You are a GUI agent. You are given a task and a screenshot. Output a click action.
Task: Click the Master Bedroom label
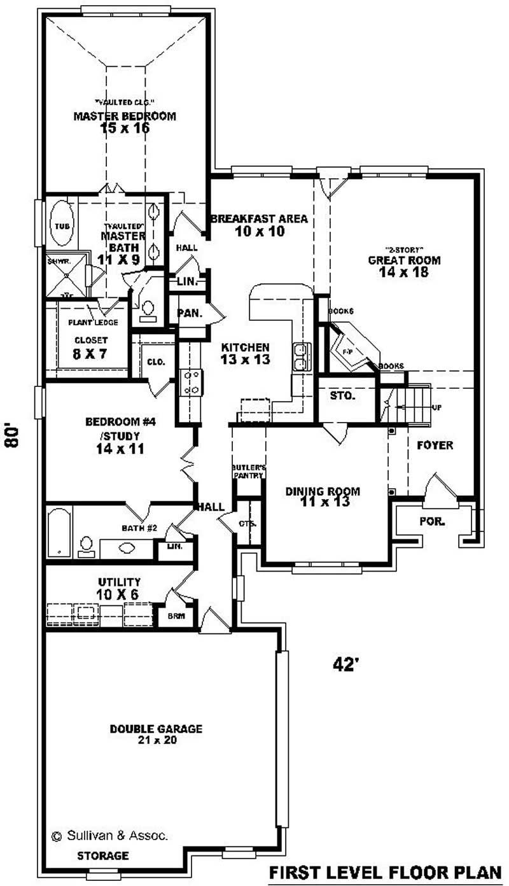[x=125, y=116]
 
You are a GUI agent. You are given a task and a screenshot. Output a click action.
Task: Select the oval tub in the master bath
[x=61, y=225]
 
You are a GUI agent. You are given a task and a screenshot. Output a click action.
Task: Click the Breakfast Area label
[x=259, y=219]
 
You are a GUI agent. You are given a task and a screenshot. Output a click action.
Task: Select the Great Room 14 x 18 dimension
[x=404, y=272]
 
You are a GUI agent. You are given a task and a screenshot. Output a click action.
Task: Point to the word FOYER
[x=435, y=446]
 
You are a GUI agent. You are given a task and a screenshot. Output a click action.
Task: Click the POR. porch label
[x=431, y=521]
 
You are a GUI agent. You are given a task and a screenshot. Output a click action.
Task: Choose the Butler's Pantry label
[x=248, y=471]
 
